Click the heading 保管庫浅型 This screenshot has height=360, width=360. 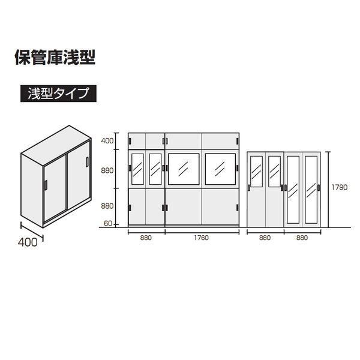(55, 58)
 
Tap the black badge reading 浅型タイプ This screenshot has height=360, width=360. (58, 94)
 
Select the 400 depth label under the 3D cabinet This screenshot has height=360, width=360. (28, 242)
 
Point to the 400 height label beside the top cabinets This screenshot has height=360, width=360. (107, 141)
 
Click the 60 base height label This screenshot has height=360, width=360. (108, 223)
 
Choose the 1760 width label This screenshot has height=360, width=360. (202, 238)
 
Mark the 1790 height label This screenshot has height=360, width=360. (340, 187)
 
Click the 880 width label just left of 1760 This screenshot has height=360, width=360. (146, 238)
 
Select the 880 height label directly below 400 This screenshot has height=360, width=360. (107, 170)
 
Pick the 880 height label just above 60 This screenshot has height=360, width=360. (107, 206)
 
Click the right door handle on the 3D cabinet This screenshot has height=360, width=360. (87, 161)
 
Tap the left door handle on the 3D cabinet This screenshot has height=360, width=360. (46, 185)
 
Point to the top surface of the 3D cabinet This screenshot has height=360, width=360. (56, 145)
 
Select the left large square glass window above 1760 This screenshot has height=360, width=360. (184, 169)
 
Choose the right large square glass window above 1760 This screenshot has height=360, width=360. (220, 169)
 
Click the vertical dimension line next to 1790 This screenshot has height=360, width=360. (329, 190)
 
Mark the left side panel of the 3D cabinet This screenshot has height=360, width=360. (32, 190)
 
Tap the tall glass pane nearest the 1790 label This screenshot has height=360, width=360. (311, 190)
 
